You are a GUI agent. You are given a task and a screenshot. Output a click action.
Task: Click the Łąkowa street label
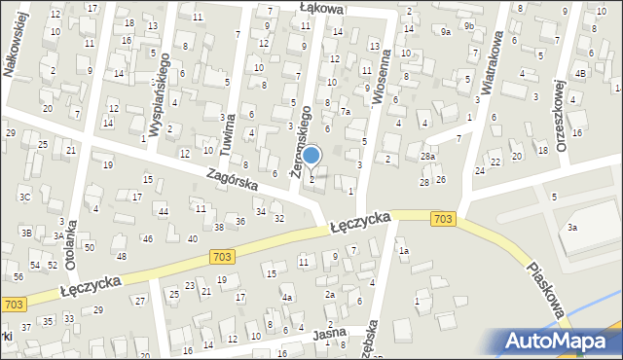coord(321,8)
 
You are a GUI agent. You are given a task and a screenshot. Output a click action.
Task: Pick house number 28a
coord(427,156)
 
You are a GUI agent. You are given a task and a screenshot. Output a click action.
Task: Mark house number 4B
coord(580,73)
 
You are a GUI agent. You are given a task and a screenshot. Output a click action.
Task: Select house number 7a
coord(345,112)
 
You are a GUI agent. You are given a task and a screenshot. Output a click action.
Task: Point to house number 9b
coord(468,25)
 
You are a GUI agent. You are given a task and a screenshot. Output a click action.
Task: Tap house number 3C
coord(25,197)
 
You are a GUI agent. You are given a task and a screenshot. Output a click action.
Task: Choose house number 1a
coord(403,251)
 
